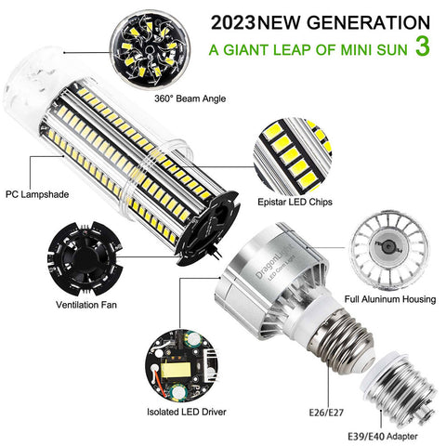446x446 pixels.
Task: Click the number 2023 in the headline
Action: pyautogui.click(x=234, y=22)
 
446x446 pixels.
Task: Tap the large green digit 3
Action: pyautogui.click(x=423, y=46)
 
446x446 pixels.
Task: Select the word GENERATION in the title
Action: pyautogui.click(x=368, y=22)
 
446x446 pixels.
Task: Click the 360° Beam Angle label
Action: pyautogui.click(x=190, y=98)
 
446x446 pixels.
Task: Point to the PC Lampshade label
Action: pyautogui.click(x=37, y=194)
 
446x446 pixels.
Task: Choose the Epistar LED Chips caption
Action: pyautogui.click(x=295, y=202)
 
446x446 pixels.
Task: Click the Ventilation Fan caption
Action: pyautogui.click(x=86, y=305)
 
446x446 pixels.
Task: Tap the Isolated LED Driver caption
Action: pyautogui.click(x=187, y=412)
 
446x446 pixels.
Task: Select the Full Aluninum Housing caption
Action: pyautogui.click(x=390, y=299)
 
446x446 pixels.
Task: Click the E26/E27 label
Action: pyautogui.click(x=326, y=413)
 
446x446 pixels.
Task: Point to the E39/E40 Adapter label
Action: pyautogui.click(x=383, y=437)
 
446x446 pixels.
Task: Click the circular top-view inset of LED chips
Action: pyautogui.click(x=151, y=49)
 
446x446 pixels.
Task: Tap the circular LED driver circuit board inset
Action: pyautogui.click(x=181, y=365)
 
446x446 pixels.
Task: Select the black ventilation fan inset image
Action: pyautogui.click(x=85, y=258)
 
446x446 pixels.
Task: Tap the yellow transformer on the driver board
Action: pyautogui.click(x=176, y=369)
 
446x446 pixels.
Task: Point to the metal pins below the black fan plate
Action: pyautogui.click(x=216, y=254)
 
